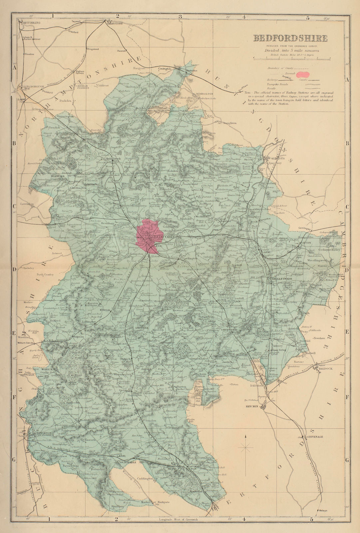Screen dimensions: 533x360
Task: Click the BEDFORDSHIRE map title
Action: (x=290, y=38)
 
